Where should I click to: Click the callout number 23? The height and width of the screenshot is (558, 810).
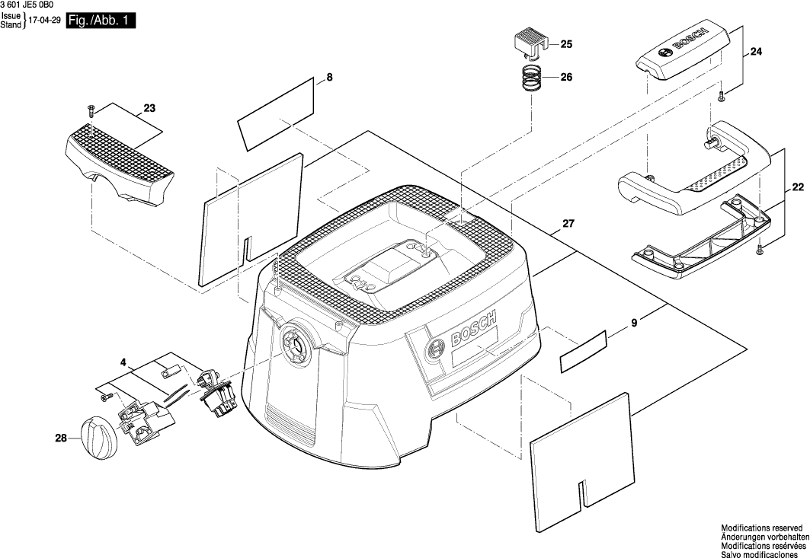149,109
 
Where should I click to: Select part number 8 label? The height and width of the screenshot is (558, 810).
330,77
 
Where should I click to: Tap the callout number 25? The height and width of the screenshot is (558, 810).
566,45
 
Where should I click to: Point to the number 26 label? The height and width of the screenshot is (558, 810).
566,77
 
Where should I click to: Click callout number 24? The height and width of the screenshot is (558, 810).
756,52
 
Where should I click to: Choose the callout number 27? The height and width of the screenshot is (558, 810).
568,224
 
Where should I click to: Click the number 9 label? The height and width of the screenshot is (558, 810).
634,324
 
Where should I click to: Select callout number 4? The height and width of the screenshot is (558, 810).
123,364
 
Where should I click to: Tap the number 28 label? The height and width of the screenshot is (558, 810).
61,437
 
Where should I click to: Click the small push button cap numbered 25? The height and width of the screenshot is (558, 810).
530,43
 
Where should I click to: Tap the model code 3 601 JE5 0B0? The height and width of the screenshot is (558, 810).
33,5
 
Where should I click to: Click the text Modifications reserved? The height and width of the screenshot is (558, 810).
761,527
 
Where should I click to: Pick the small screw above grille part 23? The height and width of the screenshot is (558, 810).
89,110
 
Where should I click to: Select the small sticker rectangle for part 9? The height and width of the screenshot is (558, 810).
583,352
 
